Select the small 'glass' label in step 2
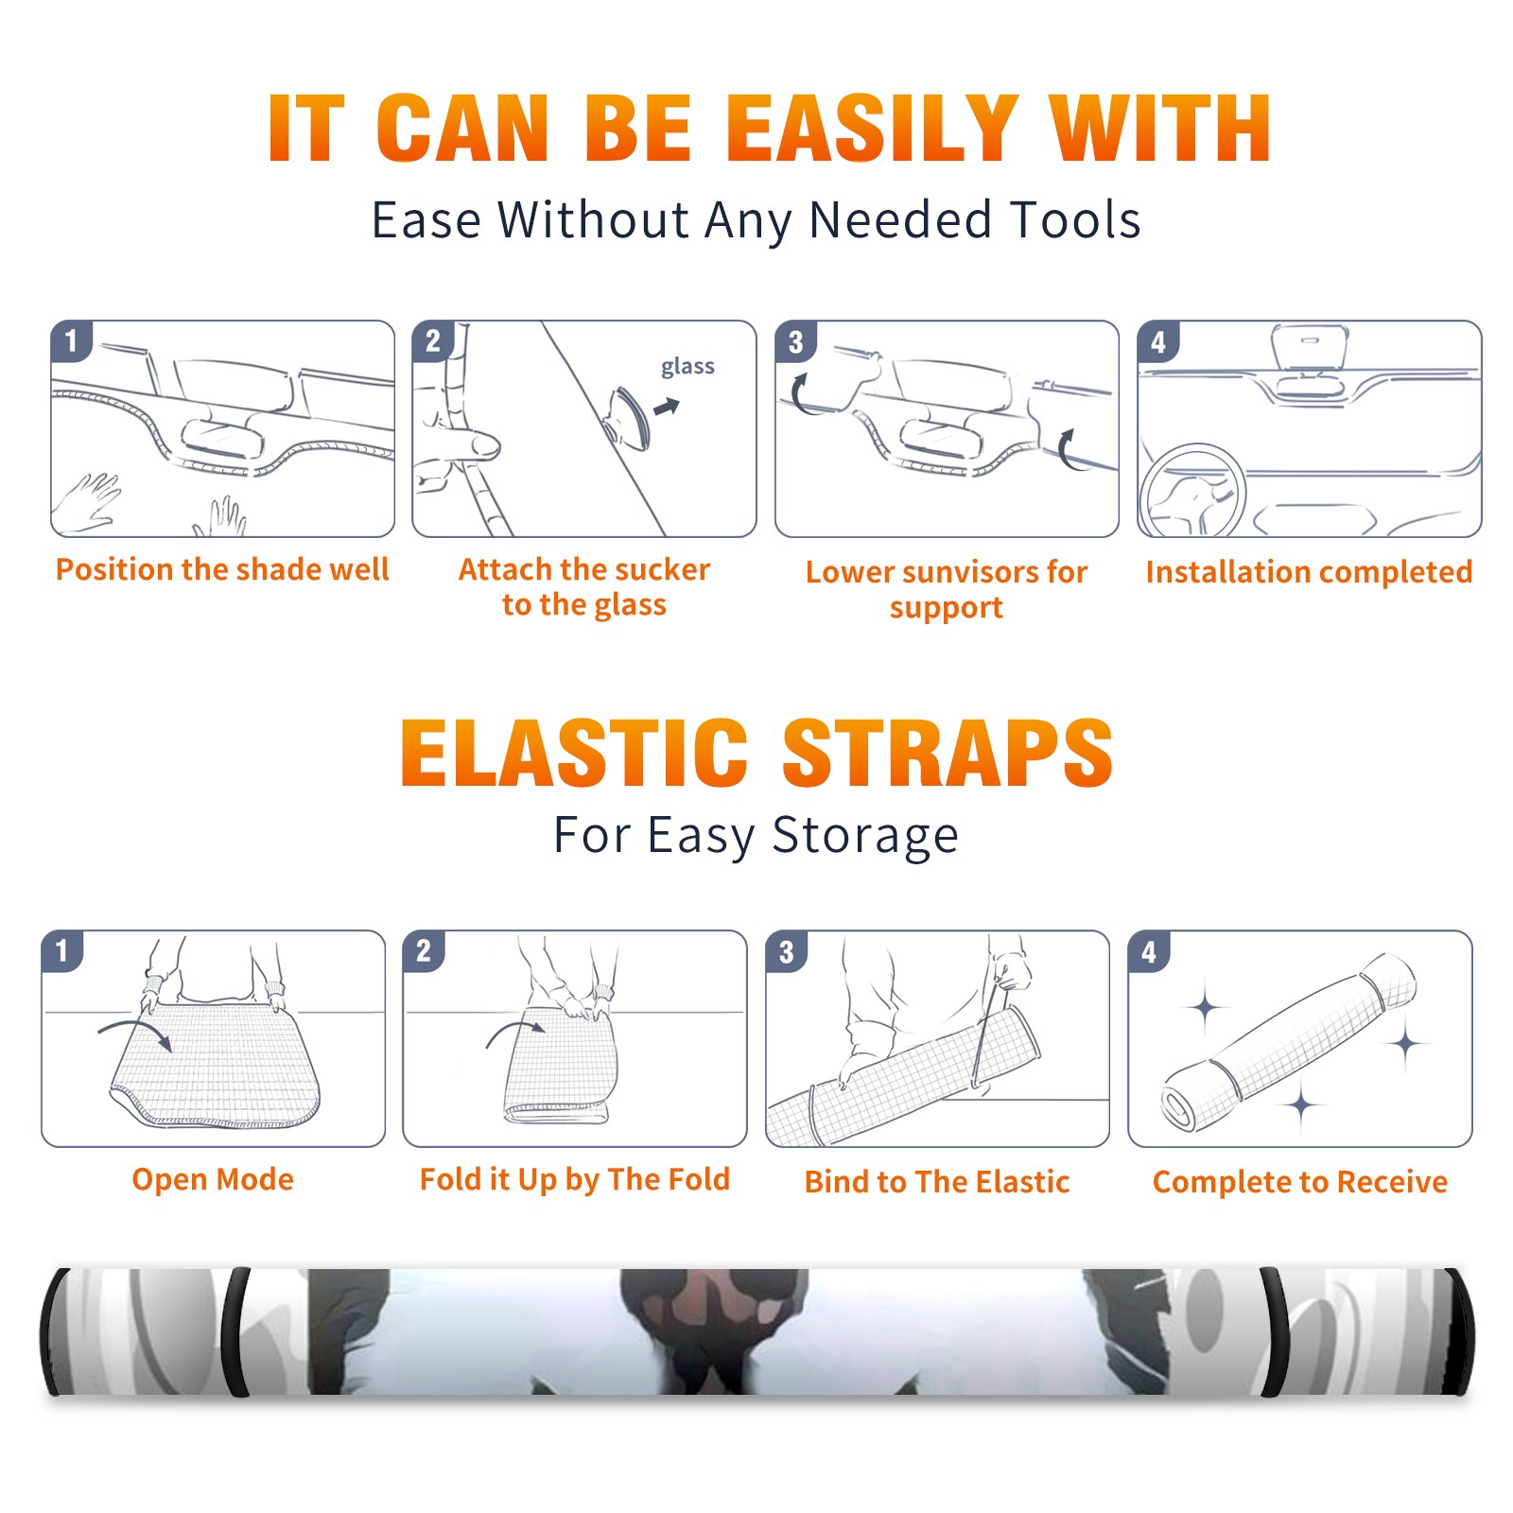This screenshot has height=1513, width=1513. tap(687, 367)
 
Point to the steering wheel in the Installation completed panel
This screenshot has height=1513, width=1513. tap(1191, 492)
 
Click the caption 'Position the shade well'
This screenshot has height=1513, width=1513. tap(222, 569)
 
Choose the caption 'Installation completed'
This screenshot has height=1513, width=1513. tap(1309, 571)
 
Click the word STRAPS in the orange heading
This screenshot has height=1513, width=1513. tap(948, 753)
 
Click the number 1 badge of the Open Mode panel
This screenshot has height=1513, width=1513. tap(62, 950)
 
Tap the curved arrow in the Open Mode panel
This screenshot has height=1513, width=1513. tap(135, 1032)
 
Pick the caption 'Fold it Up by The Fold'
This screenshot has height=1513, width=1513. tap(575, 1179)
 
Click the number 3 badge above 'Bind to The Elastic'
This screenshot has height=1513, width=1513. tap(787, 951)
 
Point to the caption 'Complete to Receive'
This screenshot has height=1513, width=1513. tap(1300, 1182)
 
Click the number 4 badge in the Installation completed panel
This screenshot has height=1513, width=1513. tap(1158, 341)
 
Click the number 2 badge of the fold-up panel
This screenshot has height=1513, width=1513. tap(424, 950)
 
